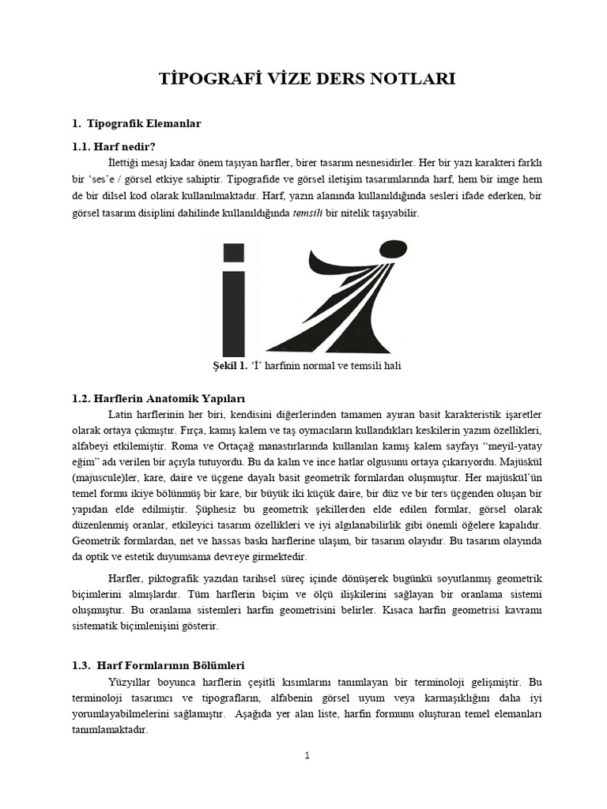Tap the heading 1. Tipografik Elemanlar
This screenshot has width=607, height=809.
coord(136,124)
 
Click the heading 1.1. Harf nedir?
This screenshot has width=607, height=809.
coord(113,146)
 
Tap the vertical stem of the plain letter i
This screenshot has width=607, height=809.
coord(238,313)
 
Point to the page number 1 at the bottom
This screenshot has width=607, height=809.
coord(307,756)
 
